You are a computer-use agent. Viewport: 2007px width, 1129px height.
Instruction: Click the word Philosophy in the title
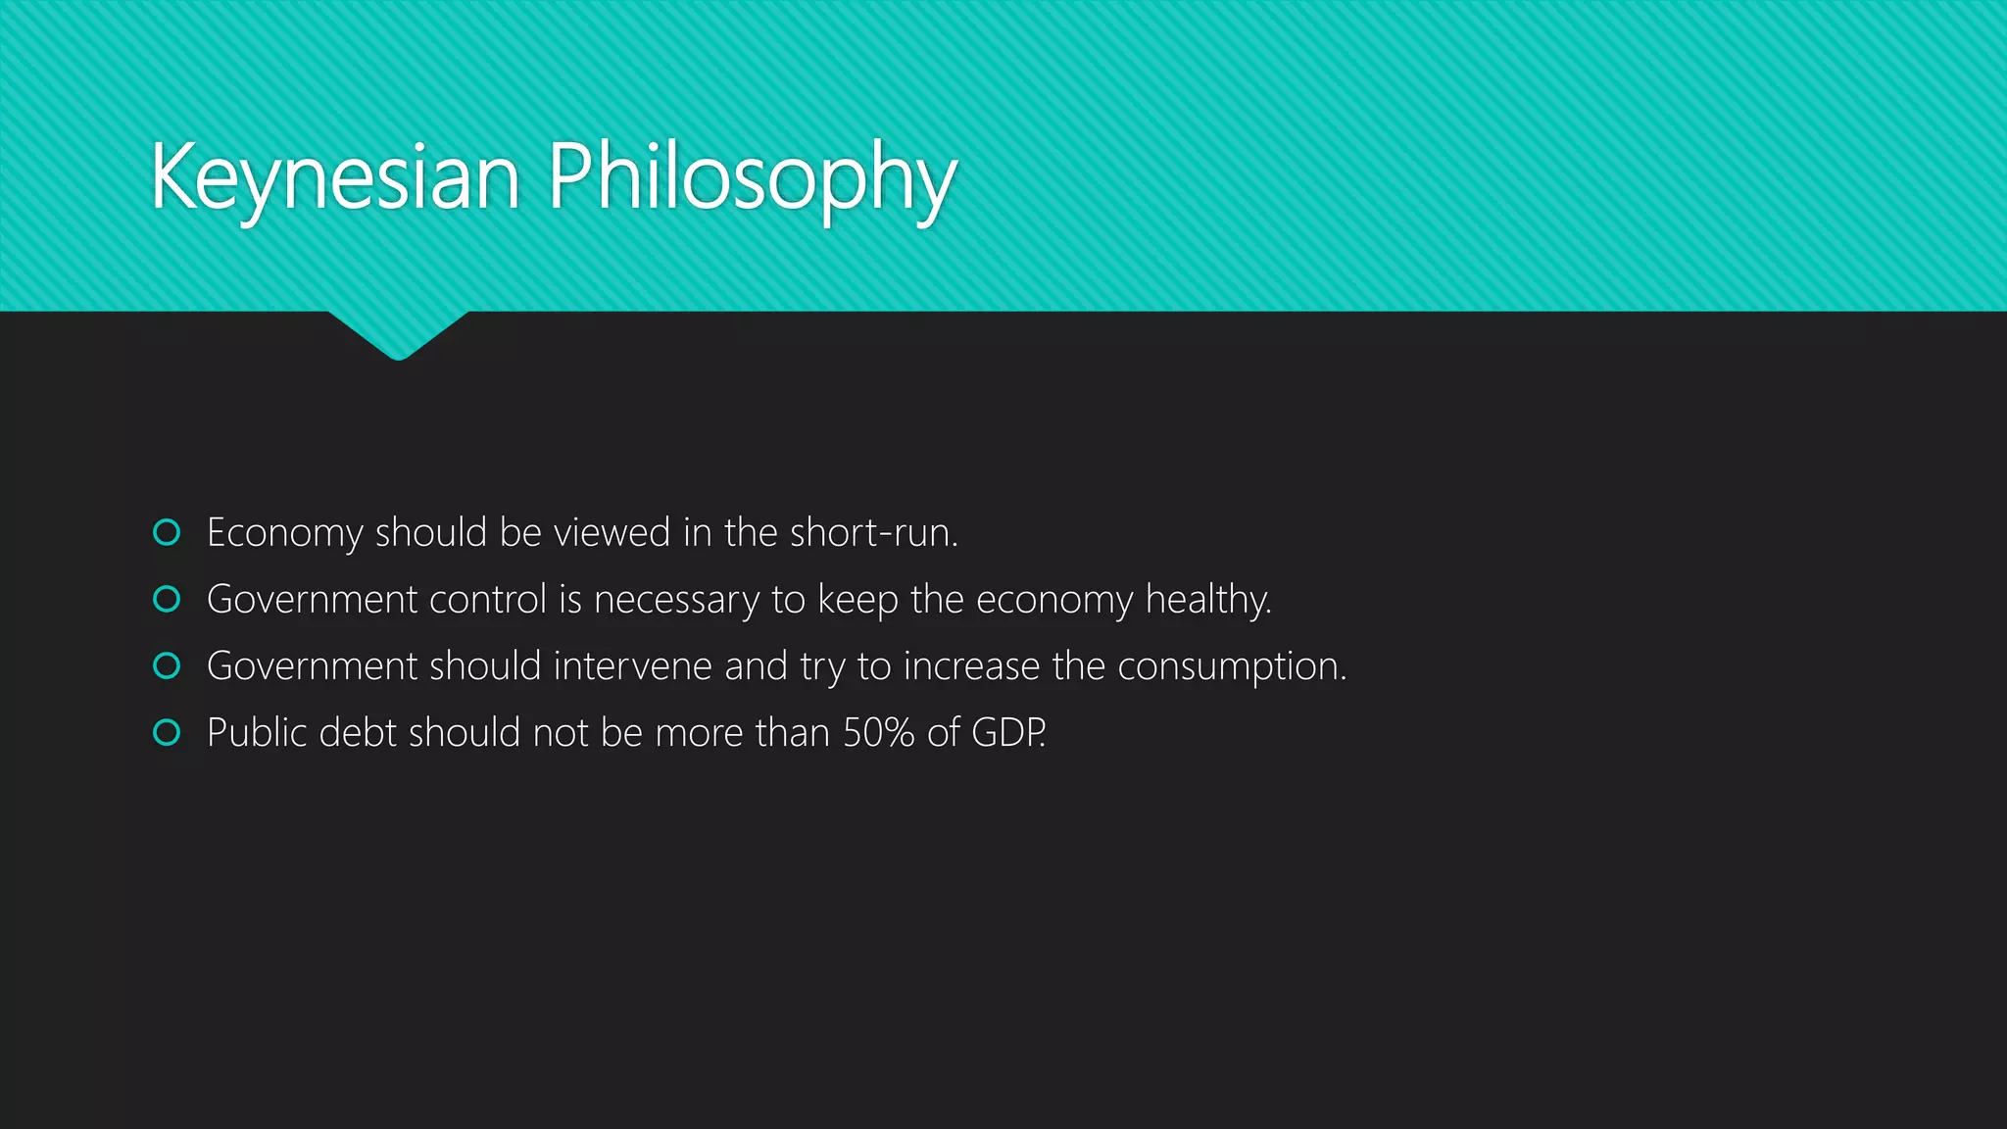tap(752, 178)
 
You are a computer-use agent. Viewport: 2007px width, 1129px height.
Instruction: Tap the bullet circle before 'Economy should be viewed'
tap(168, 532)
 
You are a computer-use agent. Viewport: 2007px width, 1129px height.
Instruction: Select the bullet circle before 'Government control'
tap(168, 599)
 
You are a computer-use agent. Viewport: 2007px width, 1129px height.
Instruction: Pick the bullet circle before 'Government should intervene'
tap(168, 665)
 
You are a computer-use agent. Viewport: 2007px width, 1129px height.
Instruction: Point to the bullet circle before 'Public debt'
tap(168, 732)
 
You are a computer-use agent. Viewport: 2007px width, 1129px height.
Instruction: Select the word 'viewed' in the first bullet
tap(612, 533)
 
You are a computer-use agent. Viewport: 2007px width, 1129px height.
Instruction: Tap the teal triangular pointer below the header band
tap(398, 334)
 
